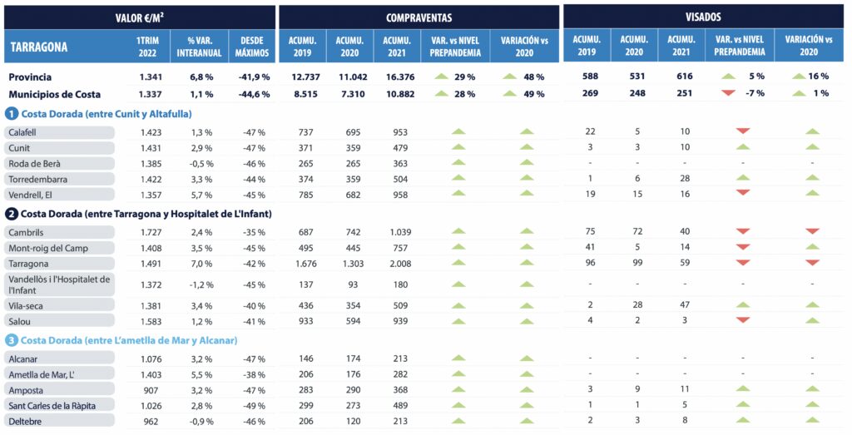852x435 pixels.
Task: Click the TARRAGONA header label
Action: (39, 47)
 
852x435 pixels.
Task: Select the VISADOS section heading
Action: (704, 17)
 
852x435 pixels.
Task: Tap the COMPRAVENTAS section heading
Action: (419, 17)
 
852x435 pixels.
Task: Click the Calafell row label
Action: (22, 132)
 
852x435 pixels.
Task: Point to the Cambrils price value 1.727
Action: (151, 232)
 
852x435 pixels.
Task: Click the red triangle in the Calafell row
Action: (743, 131)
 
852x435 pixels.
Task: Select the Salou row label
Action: (19, 320)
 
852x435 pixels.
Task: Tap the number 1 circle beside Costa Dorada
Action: (12, 113)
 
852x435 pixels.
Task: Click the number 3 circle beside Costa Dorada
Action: (12, 339)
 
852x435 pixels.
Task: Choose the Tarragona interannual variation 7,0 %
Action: (201, 264)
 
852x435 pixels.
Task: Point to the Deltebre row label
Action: (25, 421)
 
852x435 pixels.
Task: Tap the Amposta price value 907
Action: (151, 389)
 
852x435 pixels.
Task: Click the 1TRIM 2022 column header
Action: (150, 47)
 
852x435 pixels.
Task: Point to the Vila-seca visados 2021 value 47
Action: (682, 305)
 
